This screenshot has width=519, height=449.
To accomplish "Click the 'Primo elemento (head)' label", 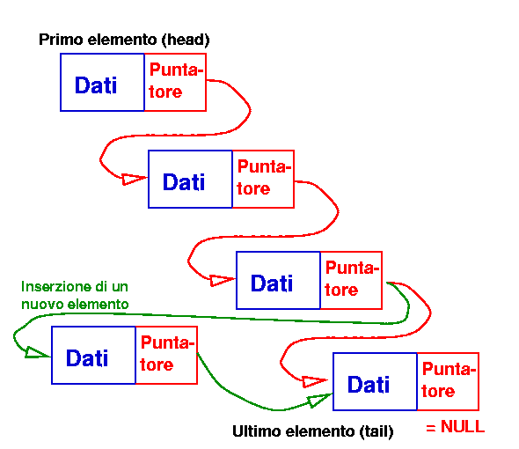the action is pos(124,40).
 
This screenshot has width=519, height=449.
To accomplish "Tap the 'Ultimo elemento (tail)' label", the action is pos(313,431).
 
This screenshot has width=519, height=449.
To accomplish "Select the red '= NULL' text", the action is pos(456,426).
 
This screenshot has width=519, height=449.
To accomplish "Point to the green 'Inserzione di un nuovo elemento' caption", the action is pos(75,295).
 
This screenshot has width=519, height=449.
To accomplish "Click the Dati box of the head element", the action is pos(102,82).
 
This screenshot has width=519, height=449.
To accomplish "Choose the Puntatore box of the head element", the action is pos(175,82).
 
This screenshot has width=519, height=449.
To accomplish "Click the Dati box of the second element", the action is pos(190,179).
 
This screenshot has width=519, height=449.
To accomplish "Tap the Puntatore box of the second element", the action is pos(264,179).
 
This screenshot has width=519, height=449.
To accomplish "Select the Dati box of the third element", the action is pos(278,280).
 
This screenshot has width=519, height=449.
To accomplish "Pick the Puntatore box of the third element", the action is pos(352,280).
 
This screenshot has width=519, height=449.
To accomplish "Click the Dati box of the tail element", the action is pos(375,382).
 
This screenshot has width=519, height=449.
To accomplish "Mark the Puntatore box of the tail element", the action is pos(448,382).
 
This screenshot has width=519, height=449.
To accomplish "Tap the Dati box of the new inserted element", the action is pos(93,355).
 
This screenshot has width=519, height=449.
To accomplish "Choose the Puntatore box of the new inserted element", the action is pos(166,355).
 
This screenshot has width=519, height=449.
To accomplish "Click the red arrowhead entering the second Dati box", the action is pos(134,179).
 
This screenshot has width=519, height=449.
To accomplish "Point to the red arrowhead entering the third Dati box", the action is pos(222,280).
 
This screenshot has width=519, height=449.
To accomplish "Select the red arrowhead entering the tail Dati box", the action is pos(315,382).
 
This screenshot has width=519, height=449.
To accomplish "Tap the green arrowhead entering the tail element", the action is pos(319,401).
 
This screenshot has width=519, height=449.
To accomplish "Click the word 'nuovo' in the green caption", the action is pos(40,305).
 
